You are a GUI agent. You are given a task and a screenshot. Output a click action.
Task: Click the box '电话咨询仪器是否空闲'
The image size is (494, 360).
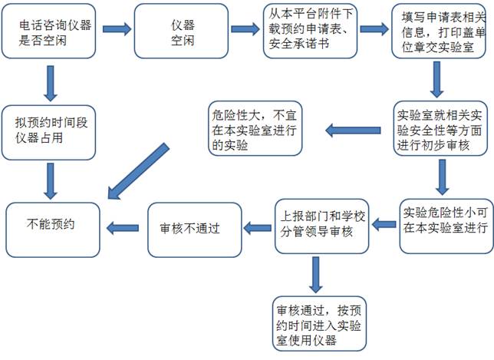click(54, 32)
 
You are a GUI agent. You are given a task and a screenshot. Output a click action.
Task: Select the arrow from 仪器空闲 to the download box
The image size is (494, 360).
click(245, 30)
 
